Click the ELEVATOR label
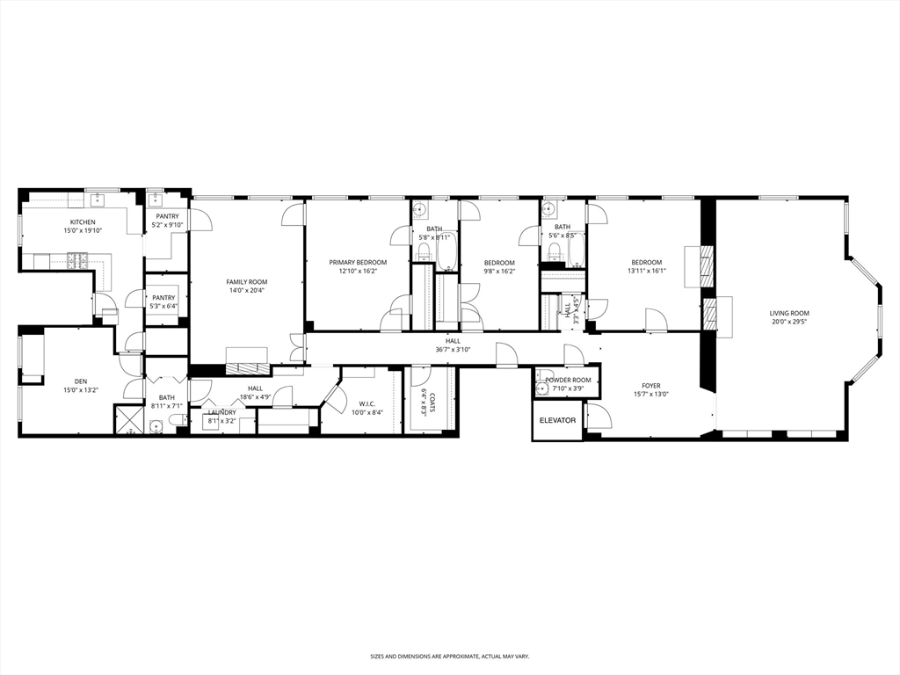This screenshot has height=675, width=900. pyautogui.click(x=556, y=420)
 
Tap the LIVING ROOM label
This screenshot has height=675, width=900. pyautogui.click(x=789, y=314)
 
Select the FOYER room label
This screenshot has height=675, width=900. pyautogui.click(x=651, y=386)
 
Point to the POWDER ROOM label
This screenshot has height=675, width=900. pyautogui.click(x=568, y=380)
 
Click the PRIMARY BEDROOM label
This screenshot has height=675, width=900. pyautogui.click(x=358, y=262)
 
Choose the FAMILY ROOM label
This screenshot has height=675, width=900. pyautogui.click(x=246, y=282)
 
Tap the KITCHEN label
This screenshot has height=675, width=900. pyautogui.click(x=83, y=222)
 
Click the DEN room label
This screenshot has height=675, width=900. pyautogui.click(x=81, y=381)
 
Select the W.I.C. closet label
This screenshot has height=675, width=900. pyautogui.click(x=367, y=403)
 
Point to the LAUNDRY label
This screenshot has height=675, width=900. pyautogui.click(x=221, y=413)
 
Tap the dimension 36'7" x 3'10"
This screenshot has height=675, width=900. pyautogui.click(x=453, y=349)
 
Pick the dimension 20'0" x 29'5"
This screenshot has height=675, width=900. pyautogui.click(x=789, y=322)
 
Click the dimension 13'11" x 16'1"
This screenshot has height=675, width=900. pyautogui.click(x=646, y=271)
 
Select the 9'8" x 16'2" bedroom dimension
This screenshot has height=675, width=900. pyautogui.click(x=499, y=271)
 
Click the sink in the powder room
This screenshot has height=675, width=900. pyautogui.click(x=541, y=390)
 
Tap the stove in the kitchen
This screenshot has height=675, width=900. pyautogui.click(x=77, y=261)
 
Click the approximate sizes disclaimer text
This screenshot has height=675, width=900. pyautogui.click(x=449, y=656)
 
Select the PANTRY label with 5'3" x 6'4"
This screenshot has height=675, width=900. pyautogui.click(x=163, y=298)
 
